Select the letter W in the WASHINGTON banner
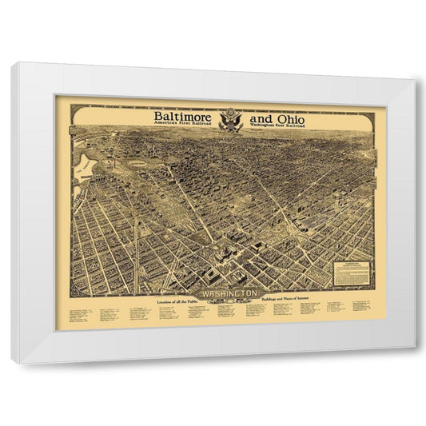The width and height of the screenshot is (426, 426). [206, 293]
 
